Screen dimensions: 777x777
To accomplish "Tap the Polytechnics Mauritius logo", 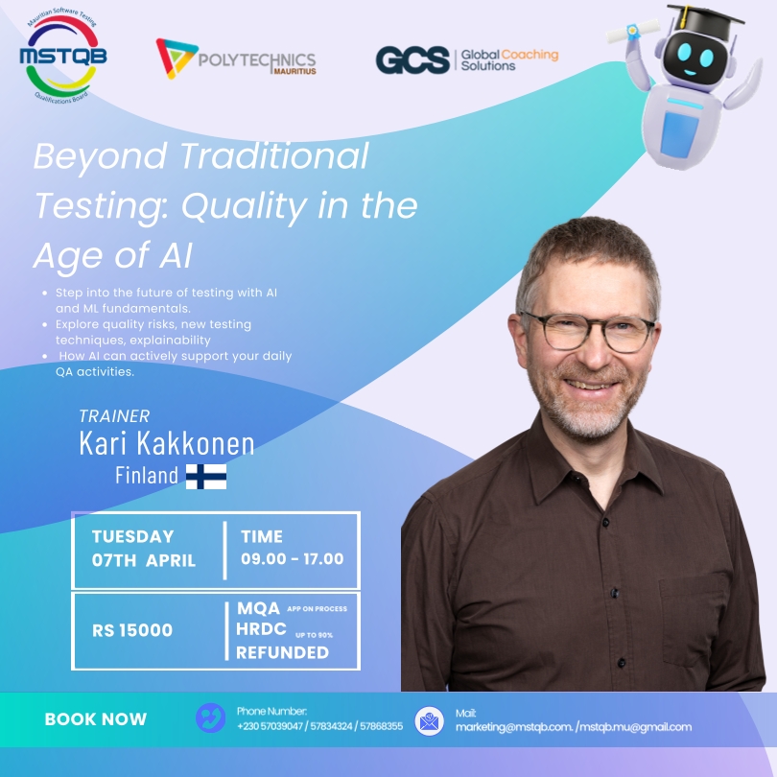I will (x=236, y=59).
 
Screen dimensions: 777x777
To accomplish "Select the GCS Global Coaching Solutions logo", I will (x=466, y=59).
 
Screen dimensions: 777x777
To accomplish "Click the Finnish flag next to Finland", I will (x=205, y=475).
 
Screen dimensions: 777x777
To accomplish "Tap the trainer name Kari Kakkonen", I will (x=166, y=443).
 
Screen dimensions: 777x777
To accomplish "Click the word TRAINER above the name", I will (x=115, y=416).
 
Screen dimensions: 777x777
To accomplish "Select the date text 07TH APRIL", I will (x=144, y=560).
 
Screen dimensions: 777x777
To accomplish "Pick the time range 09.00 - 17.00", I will (x=292, y=558).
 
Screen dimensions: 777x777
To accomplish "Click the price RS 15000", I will (x=132, y=630).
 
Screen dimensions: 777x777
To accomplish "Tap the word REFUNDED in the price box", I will (x=283, y=652).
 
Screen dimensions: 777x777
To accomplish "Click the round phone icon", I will (x=210, y=718).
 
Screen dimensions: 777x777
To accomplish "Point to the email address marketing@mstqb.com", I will (x=512, y=726).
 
